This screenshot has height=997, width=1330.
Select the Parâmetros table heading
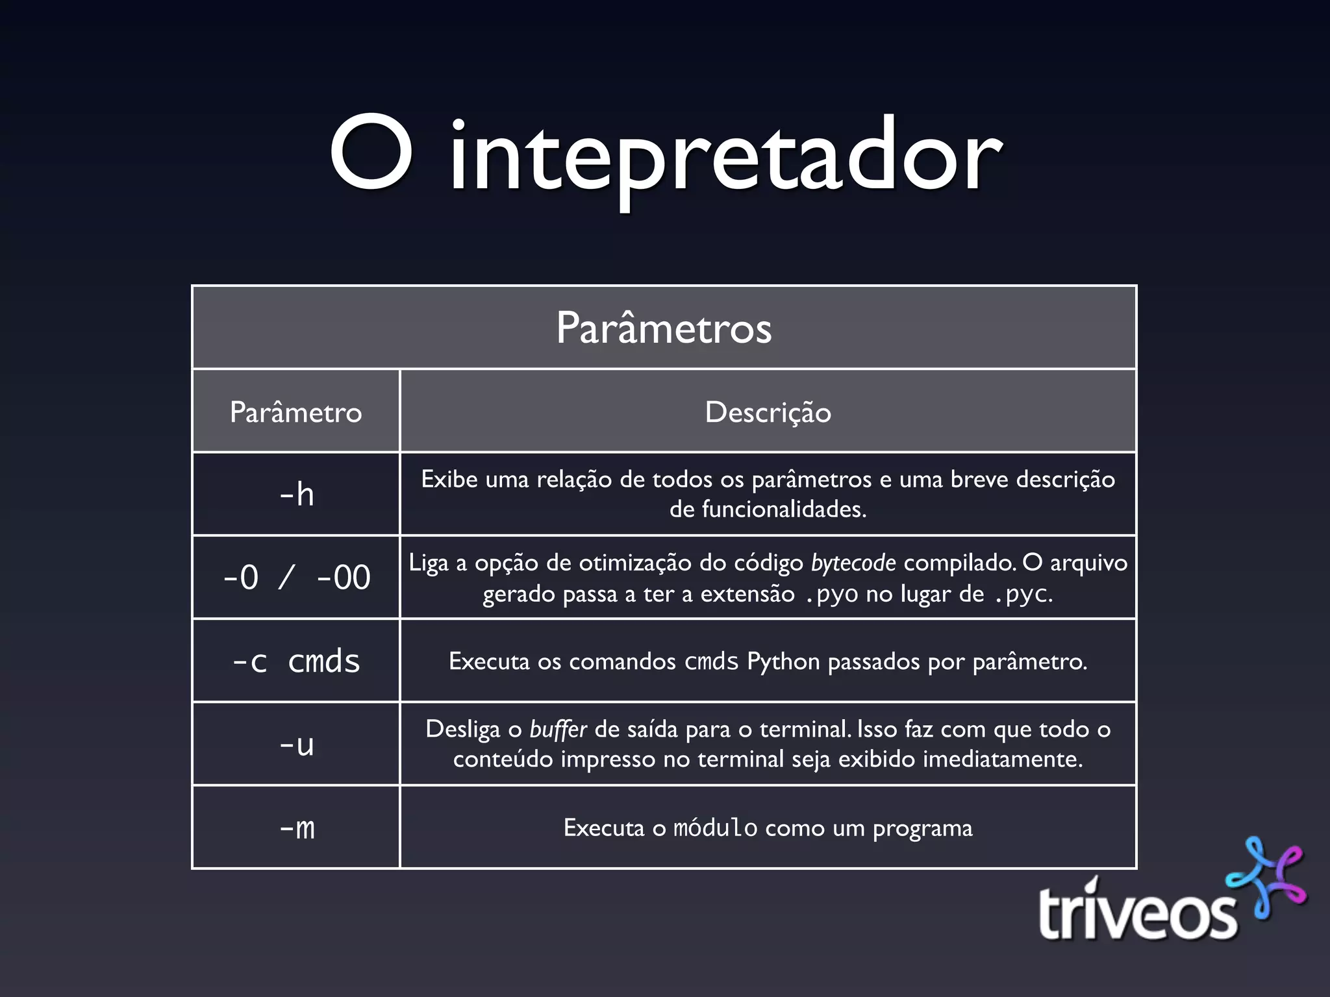tap(664, 328)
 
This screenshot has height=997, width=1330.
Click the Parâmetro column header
tap(295, 412)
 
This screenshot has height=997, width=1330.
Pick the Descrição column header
tap(768, 412)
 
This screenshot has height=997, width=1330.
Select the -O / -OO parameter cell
tap(296, 577)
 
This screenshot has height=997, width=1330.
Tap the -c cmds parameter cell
tap(296, 661)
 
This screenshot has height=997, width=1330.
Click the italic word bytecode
tap(853, 563)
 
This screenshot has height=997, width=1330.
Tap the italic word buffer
tap(558, 730)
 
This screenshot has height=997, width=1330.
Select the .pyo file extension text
tap(831, 594)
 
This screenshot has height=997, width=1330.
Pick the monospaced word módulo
tap(715, 828)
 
